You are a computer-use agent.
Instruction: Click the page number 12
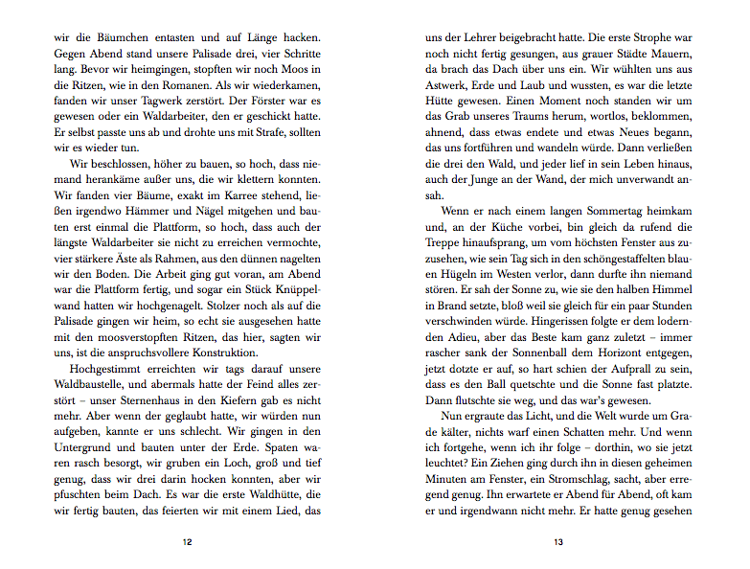[x=188, y=543]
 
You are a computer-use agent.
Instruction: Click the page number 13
[x=557, y=543]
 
